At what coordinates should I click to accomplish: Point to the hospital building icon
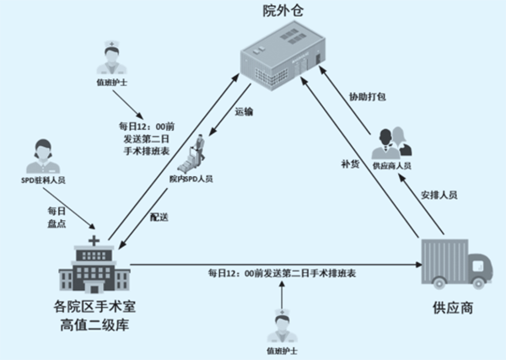pyautogui.click(x=93, y=266)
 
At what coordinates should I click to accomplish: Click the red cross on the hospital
pyautogui.click(x=93, y=242)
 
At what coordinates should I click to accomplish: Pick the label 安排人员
pyautogui.click(x=439, y=194)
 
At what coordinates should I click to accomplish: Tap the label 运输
pyautogui.click(x=244, y=110)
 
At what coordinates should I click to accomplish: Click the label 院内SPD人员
pyautogui.click(x=191, y=179)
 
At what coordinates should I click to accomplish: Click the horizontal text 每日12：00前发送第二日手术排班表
pyautogui.click(x=282, y=274)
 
